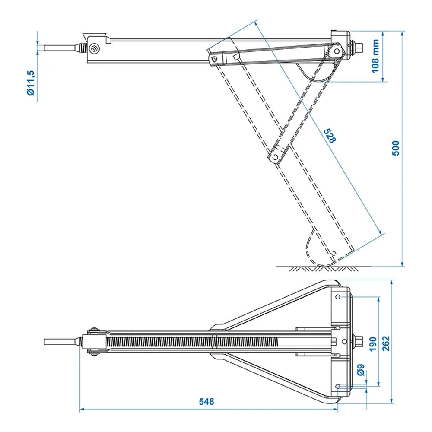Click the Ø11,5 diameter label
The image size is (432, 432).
tap(30, 83)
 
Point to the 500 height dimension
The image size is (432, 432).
tap(396, 148)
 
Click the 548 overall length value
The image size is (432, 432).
tap(206, 401)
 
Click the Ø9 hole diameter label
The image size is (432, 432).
tap(361, 370)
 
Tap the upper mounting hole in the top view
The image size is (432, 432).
tap(338, 298)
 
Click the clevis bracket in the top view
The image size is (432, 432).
tap(94, 342)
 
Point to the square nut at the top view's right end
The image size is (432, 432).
tap(359, 342)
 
